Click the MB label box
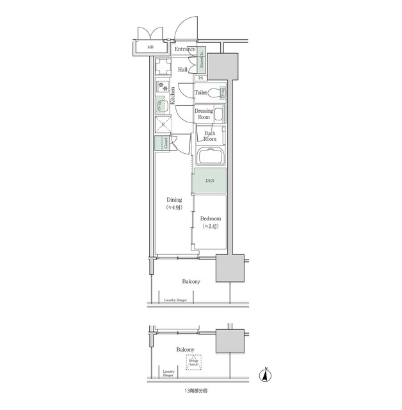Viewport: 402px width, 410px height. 150,47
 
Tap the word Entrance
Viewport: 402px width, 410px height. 184,49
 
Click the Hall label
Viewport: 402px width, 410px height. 183,70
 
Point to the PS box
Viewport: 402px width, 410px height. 200,78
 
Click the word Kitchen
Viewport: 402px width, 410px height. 172,96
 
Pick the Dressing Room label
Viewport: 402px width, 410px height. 204,114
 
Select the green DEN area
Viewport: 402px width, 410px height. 209,181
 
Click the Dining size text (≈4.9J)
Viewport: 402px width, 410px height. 174,208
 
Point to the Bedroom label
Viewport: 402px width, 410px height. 211,219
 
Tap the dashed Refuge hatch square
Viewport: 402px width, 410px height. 194,362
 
